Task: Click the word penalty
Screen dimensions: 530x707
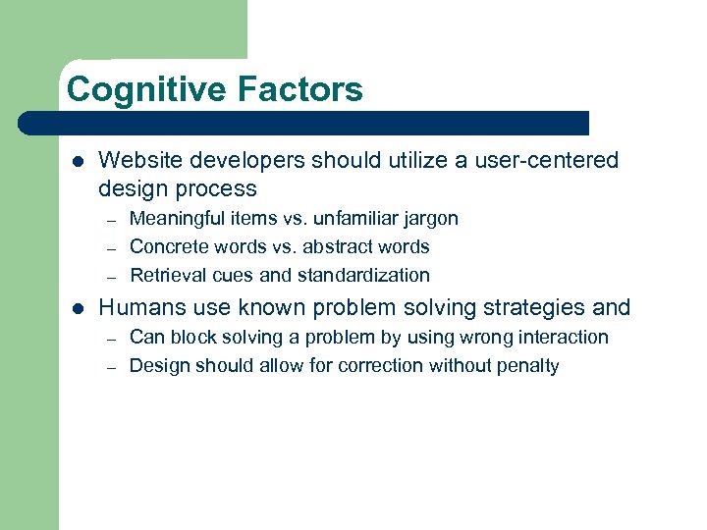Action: coord(526,366)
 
